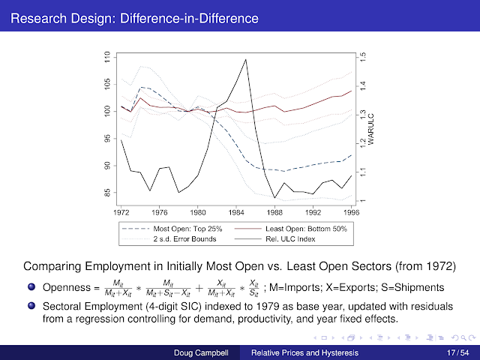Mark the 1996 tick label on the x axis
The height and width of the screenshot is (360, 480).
click(351, 211)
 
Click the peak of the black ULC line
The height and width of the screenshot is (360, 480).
click(246, 59)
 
